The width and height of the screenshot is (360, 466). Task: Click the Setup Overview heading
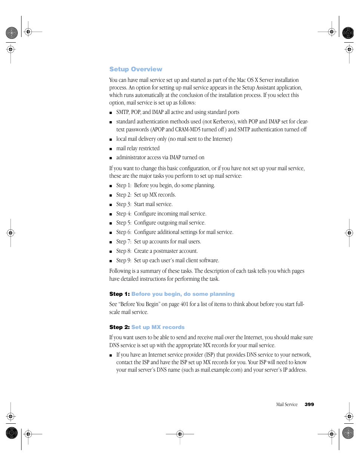point(135,69)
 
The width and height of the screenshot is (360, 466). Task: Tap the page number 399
point(309,404)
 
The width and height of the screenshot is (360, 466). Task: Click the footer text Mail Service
point(287,404)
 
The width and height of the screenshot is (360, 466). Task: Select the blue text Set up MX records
point(158,327)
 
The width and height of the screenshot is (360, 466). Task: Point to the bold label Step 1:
point(119,294)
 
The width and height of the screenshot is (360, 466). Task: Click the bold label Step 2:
point(119,327)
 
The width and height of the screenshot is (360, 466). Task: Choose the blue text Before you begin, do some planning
point(183,294)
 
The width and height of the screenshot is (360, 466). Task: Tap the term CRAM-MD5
point(188,129)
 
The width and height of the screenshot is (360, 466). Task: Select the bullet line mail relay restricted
point(138,148)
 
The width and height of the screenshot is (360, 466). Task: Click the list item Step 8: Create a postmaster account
point(157,251)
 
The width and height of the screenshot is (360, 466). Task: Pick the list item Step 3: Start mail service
point(144,204)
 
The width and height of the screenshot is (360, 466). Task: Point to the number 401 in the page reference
point(184,304)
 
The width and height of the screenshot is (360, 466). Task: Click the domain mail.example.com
point(221,370)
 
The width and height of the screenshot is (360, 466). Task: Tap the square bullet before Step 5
point(111,223)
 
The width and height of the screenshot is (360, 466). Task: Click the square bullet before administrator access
point(111,158)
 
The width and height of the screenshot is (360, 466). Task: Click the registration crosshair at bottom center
point(180,434)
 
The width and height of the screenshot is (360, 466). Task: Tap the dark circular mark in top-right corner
point(348,33)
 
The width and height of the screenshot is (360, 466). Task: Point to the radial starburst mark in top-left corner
point(12,33)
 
